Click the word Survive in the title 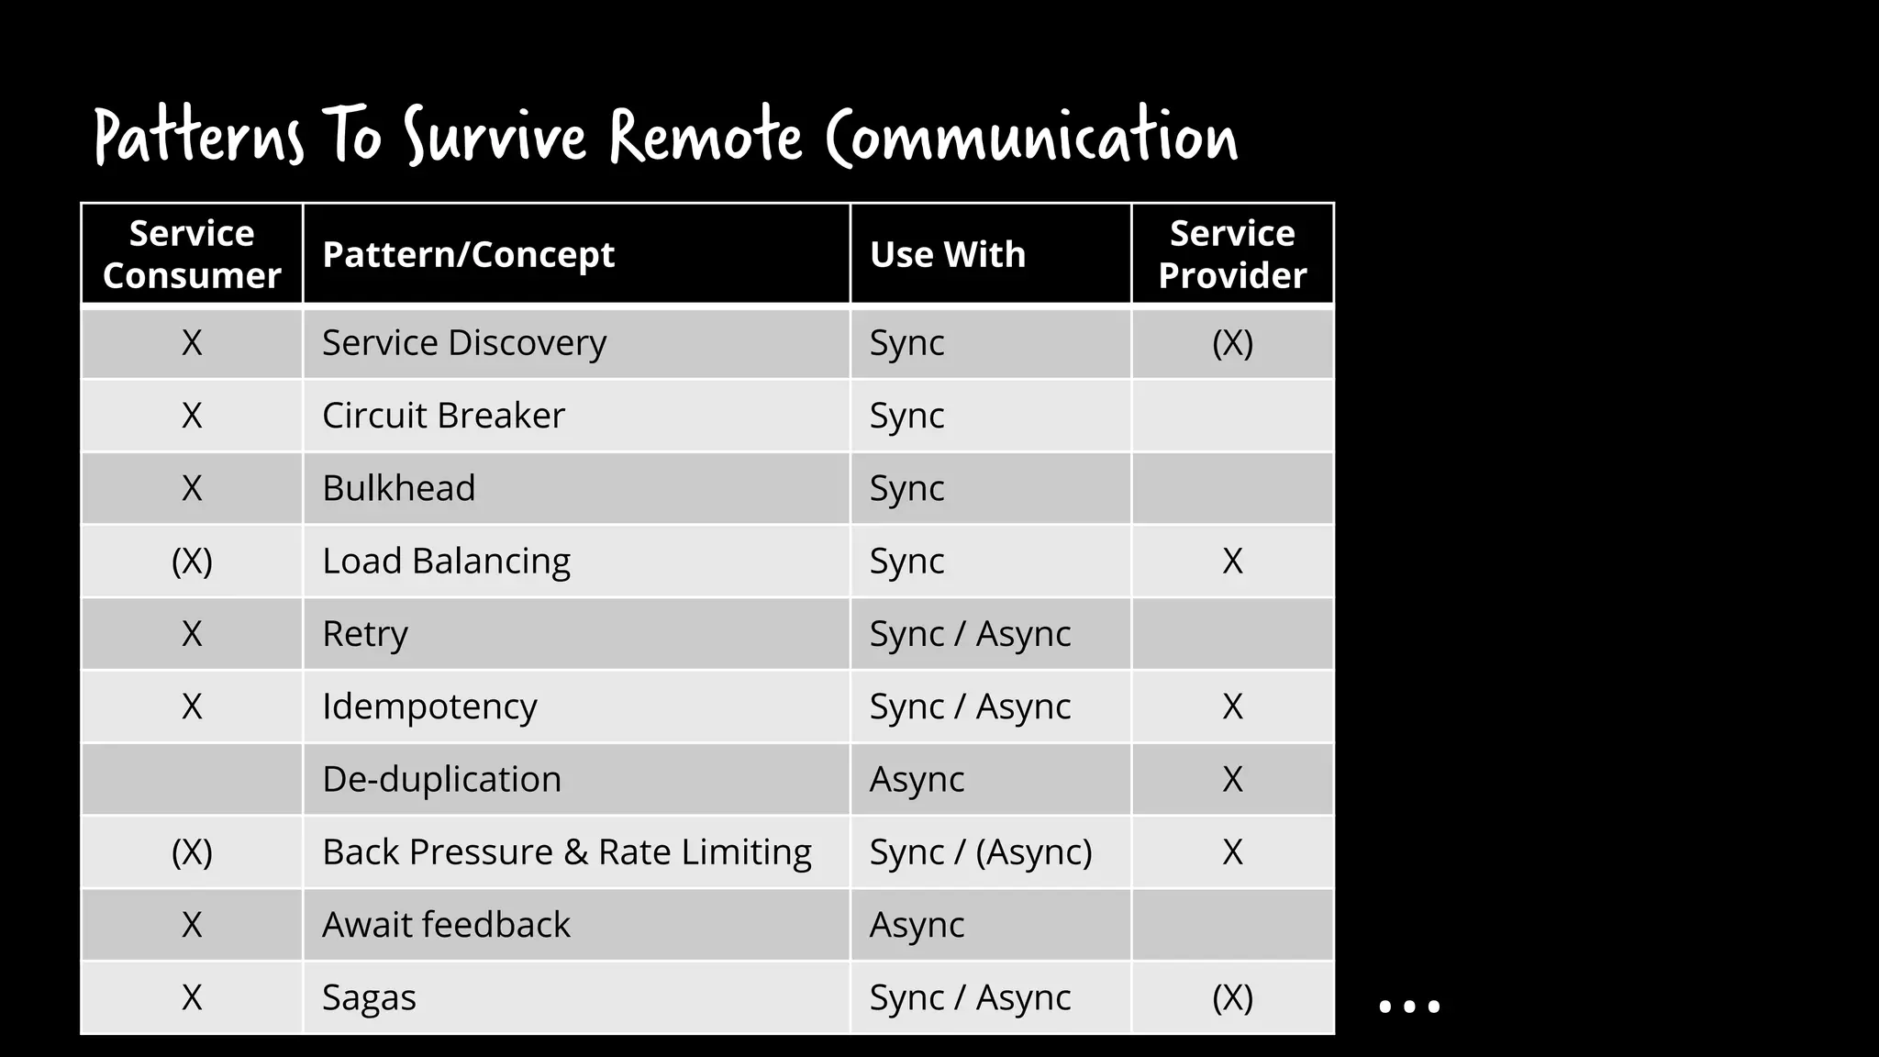coord(495,138)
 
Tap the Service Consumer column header coord(192,254)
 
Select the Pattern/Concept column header coord(468,254)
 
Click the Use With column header coord(947,254)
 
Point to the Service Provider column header coord(1232,254)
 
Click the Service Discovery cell coord(464,343)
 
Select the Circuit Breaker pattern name coord(443,416)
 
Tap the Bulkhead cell coord(398,488)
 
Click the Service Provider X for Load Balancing coord(1232,561)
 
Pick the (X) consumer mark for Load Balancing coord(192,561)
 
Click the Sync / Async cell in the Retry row coord(970,634)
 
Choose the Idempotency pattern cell coord(429,707)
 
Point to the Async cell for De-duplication coord(917,779)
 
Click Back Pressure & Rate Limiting coord(566,851)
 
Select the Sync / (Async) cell coord(981,851)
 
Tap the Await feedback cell coord(446,925)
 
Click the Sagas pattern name coord(369,997)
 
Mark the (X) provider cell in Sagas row coord(1232,997)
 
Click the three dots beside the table coord(1409,1007)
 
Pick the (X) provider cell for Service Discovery coord(1232,343)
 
